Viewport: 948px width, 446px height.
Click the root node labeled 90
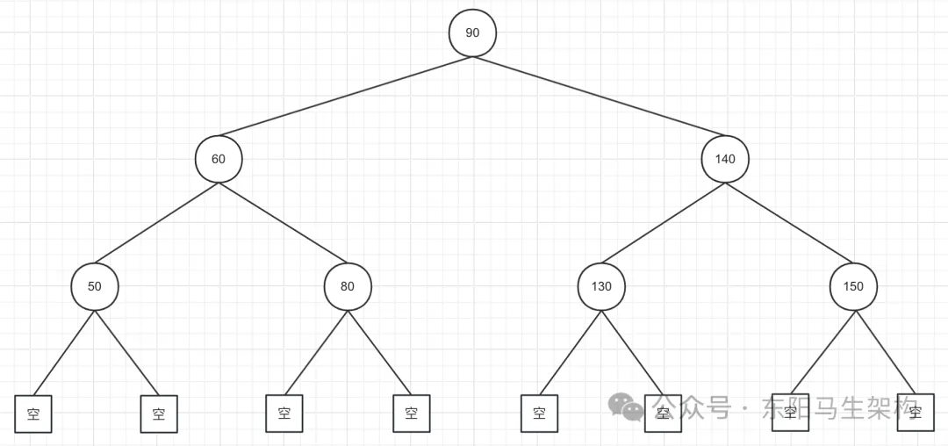(472, 33)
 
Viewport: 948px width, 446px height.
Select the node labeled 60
(219, 160)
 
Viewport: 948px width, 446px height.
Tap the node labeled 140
(725, 160)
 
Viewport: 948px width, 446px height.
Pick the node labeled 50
(94, 286)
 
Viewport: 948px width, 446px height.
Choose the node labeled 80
(348, 286)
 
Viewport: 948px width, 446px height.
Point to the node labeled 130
(600, 286)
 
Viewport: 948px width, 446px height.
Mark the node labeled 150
(853, 286)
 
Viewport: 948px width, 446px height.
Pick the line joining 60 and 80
(283, 223)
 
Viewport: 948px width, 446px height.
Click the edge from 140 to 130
(663, 223)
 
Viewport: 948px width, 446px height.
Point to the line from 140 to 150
(789, 223)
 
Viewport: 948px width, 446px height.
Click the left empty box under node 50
(33, 414)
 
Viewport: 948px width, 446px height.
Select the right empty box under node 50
(159, 414)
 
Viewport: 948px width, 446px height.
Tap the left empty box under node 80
(284, 414)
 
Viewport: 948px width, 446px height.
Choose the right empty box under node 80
(412, 414)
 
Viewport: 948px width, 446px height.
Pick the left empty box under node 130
(539, 414)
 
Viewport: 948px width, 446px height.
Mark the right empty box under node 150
(916, 413)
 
